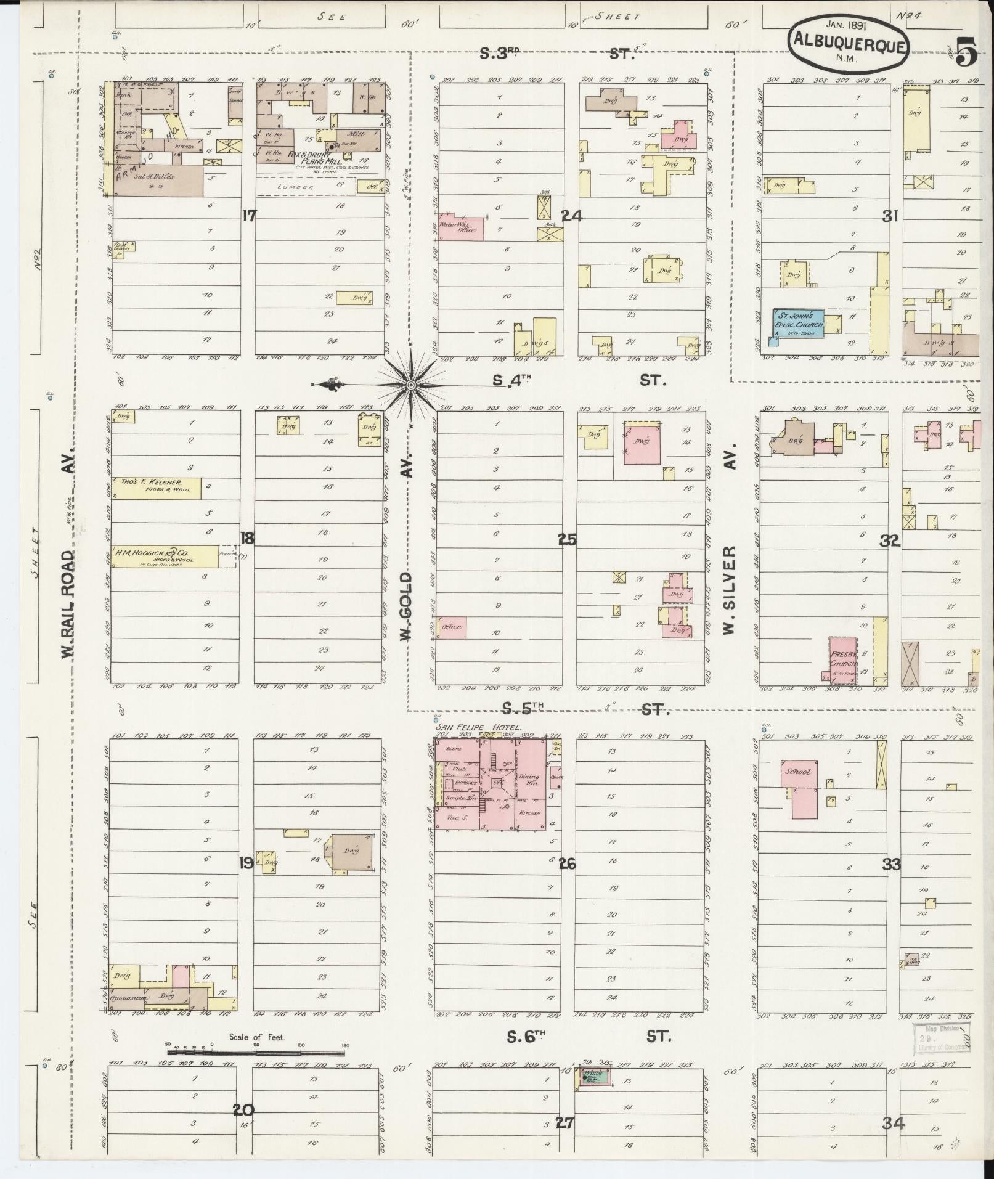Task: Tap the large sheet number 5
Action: pos(966,52)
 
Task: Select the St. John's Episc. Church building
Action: pos(799,324)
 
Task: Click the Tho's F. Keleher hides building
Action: pos(155,488)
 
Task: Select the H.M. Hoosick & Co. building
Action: pos(164,556)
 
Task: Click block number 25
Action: pos(567,539)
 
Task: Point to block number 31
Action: pos(889,216)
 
